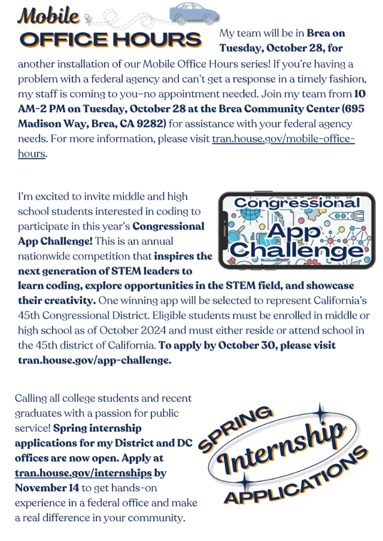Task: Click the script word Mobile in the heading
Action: coord(49,14)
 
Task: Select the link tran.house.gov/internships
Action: coord(83,473)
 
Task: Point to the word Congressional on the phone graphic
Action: coord(297,203)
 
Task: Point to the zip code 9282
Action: coord(154,124)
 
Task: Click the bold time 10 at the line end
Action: coord(360,94)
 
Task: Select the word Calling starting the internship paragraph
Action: coord(31,398)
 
